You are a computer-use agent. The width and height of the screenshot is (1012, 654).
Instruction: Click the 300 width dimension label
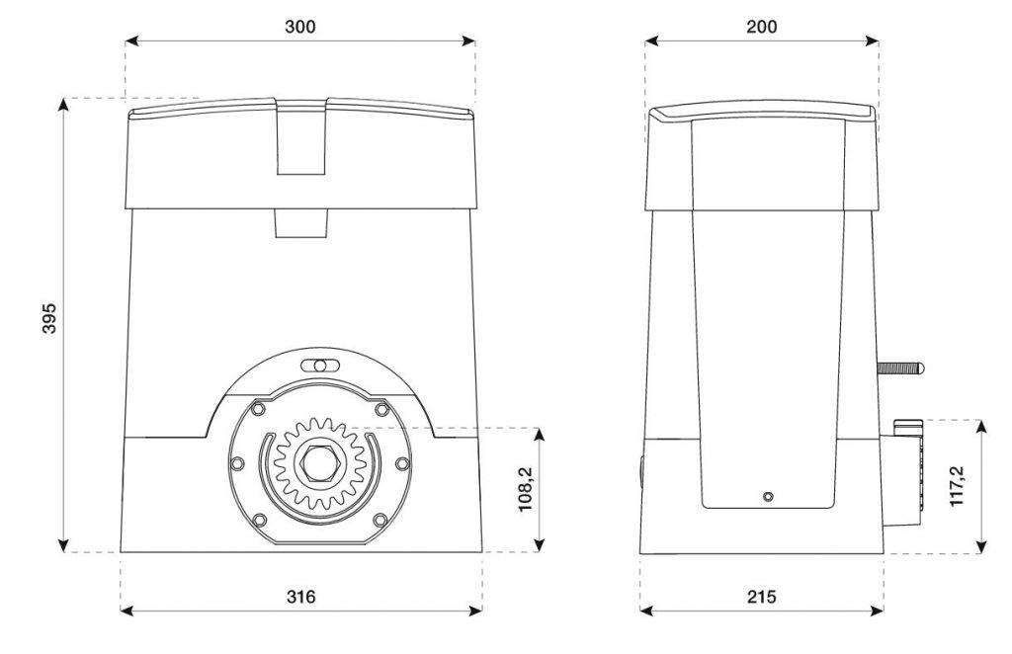click(x=300, y=27)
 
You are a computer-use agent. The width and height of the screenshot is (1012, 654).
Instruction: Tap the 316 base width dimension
click(x=300, y=597)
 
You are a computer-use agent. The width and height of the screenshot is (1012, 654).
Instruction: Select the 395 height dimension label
click(x=49, y=318)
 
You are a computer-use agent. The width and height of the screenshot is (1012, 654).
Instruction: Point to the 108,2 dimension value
click(x=526, y=489)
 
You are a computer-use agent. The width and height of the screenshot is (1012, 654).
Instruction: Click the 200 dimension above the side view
click(x=762, y=27)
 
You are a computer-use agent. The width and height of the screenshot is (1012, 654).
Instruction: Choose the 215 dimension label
click(x=762, y=597)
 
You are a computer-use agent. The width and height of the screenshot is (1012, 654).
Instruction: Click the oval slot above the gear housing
click(x=319, y=366)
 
